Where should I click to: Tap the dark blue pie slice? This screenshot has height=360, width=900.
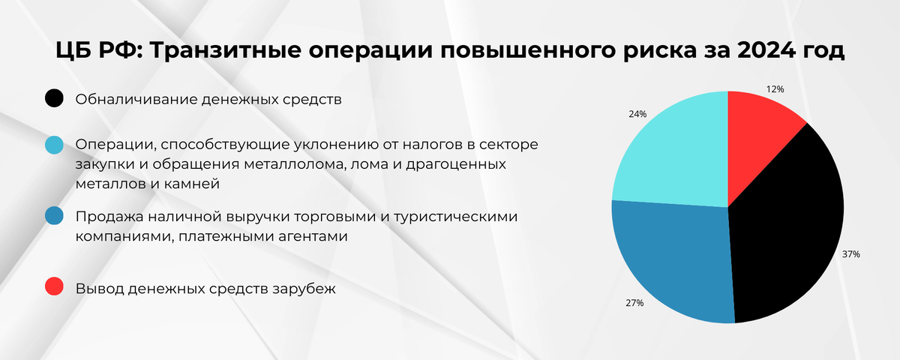[x=671, y=262]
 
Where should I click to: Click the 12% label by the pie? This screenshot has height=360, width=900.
[x=775, y=89]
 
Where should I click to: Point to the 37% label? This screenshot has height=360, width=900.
[x=850, y=254]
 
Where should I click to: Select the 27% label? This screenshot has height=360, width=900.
[x=634, y=304]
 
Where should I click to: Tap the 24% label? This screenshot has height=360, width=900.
[x=637, y=115]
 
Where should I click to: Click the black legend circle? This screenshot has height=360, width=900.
[x=54, y=99]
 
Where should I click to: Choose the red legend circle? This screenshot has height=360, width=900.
[x=54, y=286]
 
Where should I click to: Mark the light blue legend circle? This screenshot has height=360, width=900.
[x=54, y=145]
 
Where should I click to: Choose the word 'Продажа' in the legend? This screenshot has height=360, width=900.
[x=104, y=217]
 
